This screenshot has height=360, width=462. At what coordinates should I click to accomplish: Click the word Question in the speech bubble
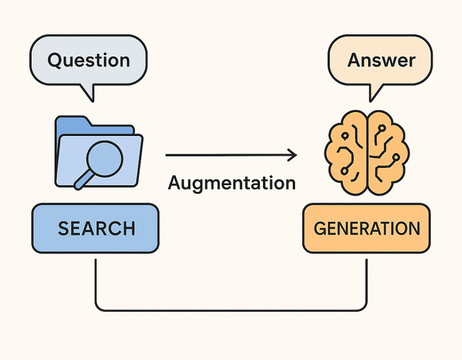coord(89,61)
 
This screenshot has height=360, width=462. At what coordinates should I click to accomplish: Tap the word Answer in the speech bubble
coord(381,60)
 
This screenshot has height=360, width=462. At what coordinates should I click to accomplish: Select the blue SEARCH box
coord(95,228)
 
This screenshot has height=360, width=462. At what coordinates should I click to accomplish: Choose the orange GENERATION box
coord(366,228)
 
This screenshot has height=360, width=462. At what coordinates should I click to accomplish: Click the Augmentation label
coord(231,183)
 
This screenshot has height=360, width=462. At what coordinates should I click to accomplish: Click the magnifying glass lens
coord(104,158)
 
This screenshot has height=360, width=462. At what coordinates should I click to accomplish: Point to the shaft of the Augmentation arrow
coord(225,155)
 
